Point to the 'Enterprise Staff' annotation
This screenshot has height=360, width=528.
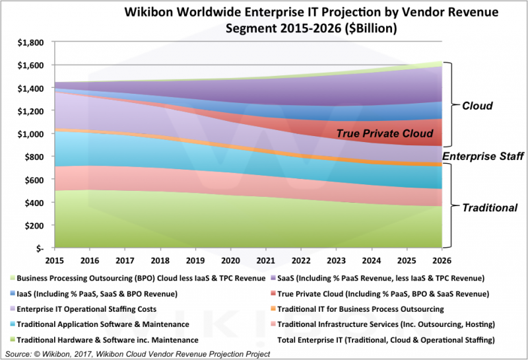click(x=482, y=156)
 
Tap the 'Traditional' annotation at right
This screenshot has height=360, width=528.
click(x=488, y=207)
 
